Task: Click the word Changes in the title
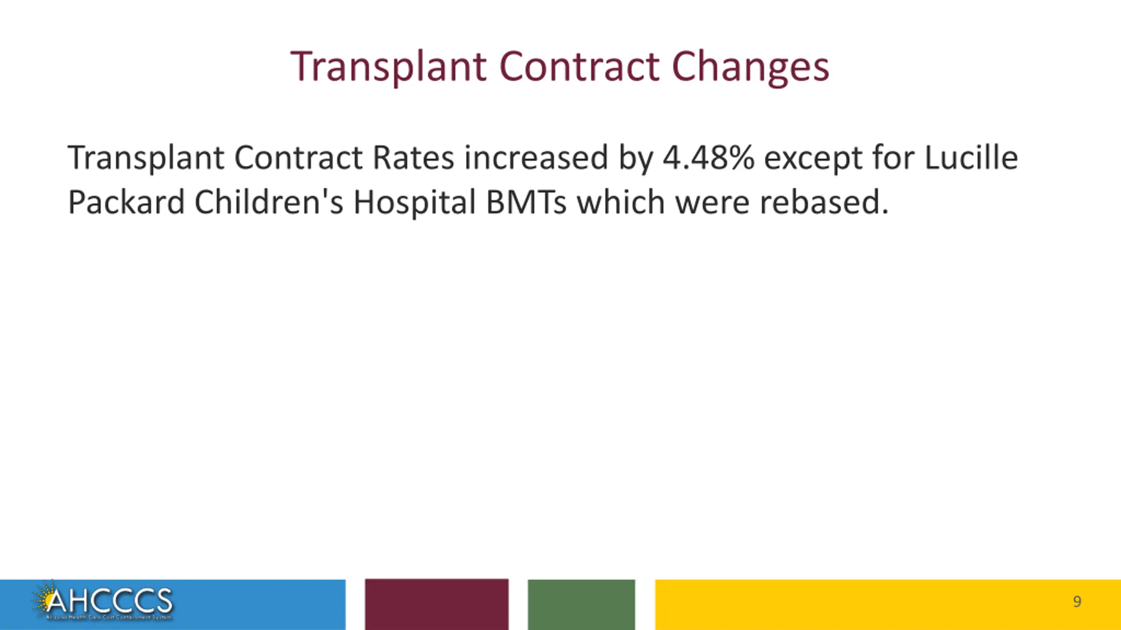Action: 750,67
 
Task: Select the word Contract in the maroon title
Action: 579,67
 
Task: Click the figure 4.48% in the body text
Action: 708,157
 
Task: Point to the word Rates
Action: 413,157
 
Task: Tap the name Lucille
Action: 971,157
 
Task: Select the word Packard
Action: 126,202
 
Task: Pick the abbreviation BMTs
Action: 526,202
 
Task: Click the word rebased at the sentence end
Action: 823,202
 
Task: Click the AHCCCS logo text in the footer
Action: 109,601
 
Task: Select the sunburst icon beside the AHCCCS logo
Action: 42,598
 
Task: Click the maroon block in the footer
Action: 437,604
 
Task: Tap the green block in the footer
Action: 581,604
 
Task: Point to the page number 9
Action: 1077,602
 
